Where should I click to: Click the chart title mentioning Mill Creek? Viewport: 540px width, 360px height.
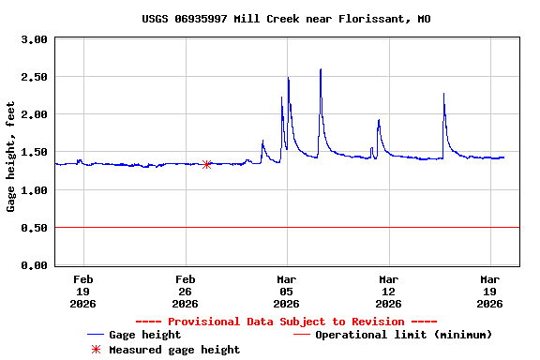(286, 19)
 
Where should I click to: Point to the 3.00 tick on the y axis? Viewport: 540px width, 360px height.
(35, 39)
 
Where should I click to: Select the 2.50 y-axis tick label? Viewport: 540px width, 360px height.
(35, 77)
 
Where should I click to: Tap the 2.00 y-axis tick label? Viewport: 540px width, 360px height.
(35, 114)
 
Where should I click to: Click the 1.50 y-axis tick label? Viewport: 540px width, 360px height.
(35, 152)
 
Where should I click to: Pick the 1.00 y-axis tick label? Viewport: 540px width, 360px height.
(35, 190)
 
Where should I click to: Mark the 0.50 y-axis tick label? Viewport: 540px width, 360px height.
(35, 228)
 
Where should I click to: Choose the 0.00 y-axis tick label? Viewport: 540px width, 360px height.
(35, 266)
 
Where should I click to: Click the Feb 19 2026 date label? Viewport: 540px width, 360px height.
(83, 291)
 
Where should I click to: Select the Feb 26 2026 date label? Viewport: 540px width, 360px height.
(185, 291)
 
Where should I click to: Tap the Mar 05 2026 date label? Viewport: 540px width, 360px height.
(287, 291)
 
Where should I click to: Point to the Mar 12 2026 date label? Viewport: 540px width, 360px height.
(388, 291)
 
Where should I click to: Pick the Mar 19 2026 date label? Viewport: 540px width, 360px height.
(489, 291)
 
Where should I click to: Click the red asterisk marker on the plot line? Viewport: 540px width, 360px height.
(206, 164)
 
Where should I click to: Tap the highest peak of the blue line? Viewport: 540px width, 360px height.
(321, 69)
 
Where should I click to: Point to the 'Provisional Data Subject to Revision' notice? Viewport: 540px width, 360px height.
(286, 322)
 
